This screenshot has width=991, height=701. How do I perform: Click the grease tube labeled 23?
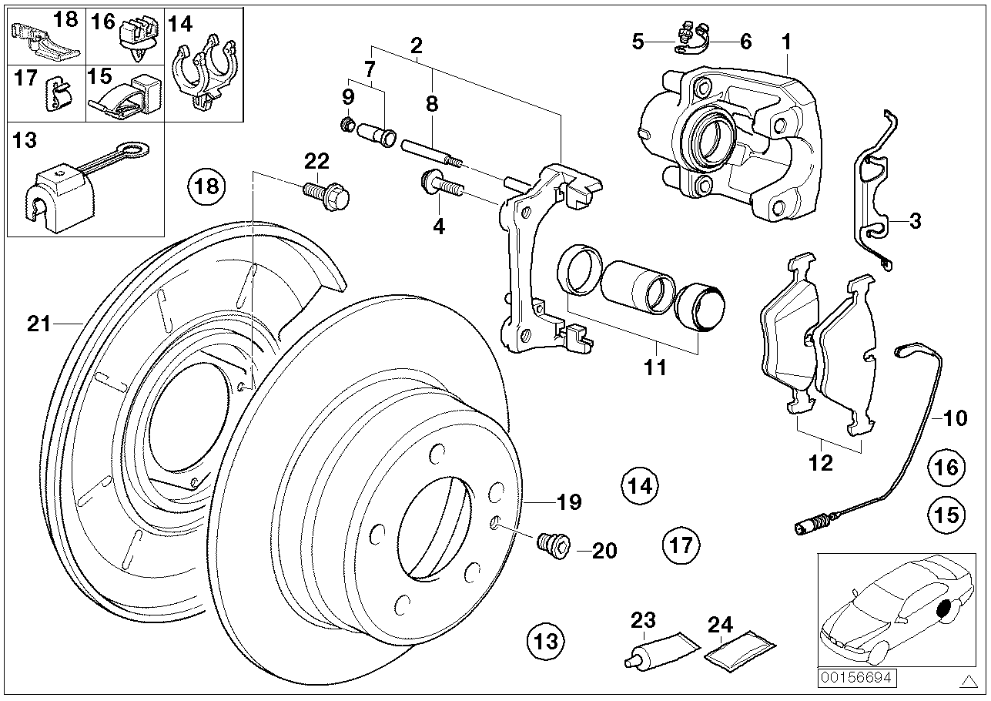(658, 649)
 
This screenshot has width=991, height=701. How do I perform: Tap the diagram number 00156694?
(847, 679)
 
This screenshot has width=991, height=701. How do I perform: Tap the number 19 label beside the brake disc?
(570, 502)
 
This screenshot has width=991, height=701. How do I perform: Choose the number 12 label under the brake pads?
(821, 463)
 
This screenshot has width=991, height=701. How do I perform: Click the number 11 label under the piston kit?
(655, 368)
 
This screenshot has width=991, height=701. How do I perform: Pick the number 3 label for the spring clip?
(914, 221)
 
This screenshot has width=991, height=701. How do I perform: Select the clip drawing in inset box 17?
(58, 94)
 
